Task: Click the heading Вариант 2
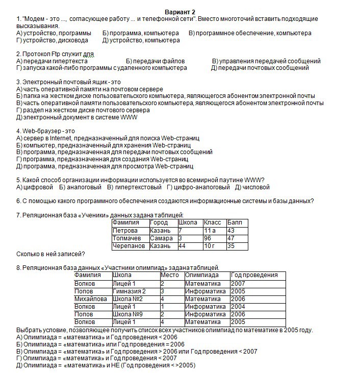(180, 12)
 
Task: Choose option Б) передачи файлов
(155, 61)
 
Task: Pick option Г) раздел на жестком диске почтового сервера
(83, 110)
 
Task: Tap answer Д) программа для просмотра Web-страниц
(105, 166)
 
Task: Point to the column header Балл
(235, 222)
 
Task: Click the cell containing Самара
(162, 238)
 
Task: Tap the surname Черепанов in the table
(129, 245)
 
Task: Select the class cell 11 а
(210, 230)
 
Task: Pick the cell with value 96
(208, 238)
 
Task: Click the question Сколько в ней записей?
(50, 254)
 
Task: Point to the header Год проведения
(254, 275)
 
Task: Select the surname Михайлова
(90, 299)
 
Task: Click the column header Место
(170, 275)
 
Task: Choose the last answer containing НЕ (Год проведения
(106, 365)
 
